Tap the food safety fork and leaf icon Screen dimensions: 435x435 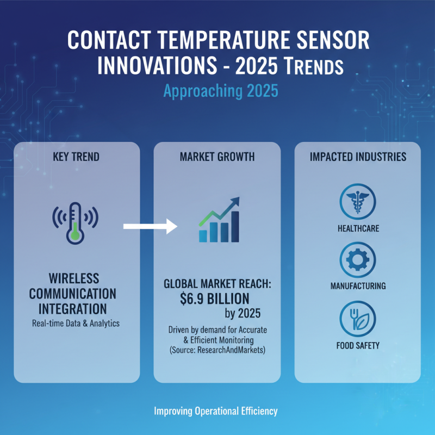pos(358,318)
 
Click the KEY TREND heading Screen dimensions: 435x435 pos(77,157)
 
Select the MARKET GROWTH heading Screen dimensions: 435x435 pos(217,157)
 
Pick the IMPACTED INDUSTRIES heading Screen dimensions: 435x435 pos(358,157)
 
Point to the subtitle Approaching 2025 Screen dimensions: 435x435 pos(217,90)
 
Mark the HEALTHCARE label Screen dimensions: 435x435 pos(358,228)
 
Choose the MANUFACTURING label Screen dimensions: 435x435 pos(358,285)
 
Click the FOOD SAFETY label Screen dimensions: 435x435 pos(358,345)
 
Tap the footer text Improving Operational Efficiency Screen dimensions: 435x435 pos(216,411)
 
